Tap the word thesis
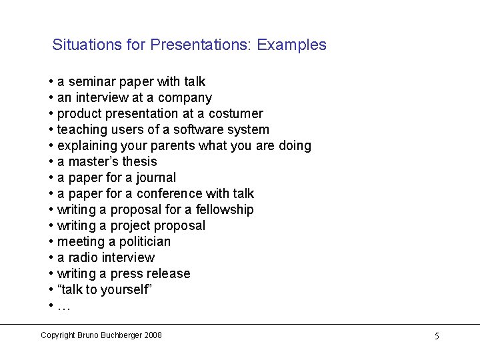coord(139,161)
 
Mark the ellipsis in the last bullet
coord(64,307)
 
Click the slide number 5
coord(437,336)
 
